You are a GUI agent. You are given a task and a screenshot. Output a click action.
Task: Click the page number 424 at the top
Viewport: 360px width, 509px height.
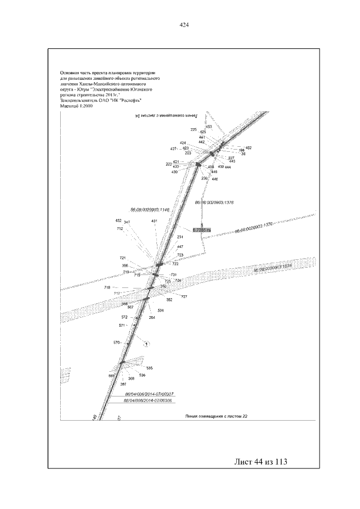(x=183, y=25)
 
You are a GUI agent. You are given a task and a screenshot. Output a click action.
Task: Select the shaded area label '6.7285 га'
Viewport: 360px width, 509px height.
(x=201, y=230)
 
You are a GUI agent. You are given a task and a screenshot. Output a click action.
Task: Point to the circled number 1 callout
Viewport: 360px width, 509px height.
(x=146, y=343)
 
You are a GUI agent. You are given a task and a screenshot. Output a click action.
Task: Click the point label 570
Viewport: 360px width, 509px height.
(x=117, y=343)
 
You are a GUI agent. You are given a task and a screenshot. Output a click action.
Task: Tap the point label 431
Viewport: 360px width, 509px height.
(x=154, y=221)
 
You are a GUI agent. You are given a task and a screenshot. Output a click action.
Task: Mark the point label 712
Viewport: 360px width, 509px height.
(x=120, y=229)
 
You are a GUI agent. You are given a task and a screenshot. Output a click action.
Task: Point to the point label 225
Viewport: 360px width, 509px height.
(x=193, y=130)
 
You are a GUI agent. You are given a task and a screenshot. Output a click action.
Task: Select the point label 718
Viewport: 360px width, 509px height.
(x=107, y=287)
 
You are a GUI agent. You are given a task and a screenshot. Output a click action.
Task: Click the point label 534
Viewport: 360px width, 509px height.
(x=161, y=310)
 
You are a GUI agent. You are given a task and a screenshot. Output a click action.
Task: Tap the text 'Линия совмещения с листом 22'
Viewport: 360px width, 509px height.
(x=217, y=417)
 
